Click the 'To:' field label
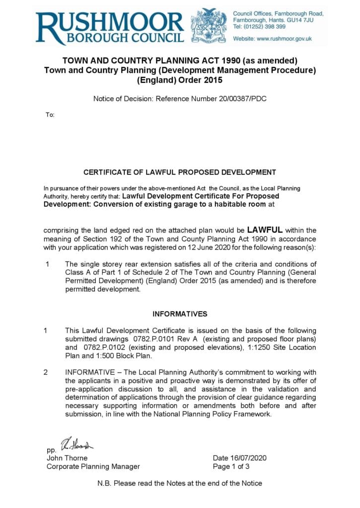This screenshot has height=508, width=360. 50,115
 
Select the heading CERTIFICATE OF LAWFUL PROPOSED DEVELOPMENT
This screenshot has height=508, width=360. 179,173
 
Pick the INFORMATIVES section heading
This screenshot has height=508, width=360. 180,314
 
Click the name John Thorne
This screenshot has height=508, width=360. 67,458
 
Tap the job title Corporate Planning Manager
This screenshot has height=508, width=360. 93,466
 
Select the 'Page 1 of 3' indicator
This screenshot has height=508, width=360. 231,466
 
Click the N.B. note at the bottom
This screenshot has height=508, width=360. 180,483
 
